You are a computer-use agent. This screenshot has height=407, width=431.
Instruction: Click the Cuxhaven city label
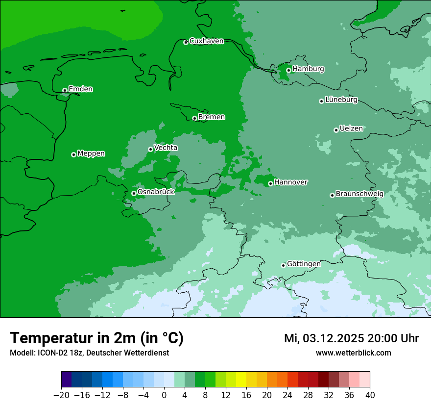[206, 41]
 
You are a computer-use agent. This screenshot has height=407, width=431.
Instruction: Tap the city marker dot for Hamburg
[288, 70]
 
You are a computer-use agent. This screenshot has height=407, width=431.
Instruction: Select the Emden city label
[80, 89]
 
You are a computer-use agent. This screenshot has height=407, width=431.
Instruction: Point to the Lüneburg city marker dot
[321, 101]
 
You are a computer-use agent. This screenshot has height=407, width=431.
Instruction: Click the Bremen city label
[212, 117]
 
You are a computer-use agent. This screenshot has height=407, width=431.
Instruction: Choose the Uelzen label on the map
[351, 129]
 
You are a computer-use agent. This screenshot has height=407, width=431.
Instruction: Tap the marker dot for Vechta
[150, 149]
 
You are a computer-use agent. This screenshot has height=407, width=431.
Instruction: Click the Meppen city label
[91, 153]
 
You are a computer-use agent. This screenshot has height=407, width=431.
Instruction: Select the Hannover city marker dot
[270, 183]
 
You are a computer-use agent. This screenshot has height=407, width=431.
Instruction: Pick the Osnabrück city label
[156, 192]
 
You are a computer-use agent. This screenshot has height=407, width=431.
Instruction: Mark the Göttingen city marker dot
[283, 265]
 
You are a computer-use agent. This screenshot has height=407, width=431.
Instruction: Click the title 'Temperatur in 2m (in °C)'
[96, 338]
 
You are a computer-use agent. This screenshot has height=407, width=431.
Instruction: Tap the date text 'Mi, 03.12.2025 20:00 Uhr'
[351, 338]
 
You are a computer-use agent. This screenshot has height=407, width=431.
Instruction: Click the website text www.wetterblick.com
[353, 353]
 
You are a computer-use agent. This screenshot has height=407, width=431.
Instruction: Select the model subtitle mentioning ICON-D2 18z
[89, 353]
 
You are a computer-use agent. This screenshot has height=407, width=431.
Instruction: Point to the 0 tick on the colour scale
[164, 395]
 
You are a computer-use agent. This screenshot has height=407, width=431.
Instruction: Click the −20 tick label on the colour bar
[61, 395]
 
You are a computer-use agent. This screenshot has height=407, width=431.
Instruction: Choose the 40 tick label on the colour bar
[370, 395]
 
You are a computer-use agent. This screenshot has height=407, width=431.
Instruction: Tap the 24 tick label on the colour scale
[287, 395]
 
